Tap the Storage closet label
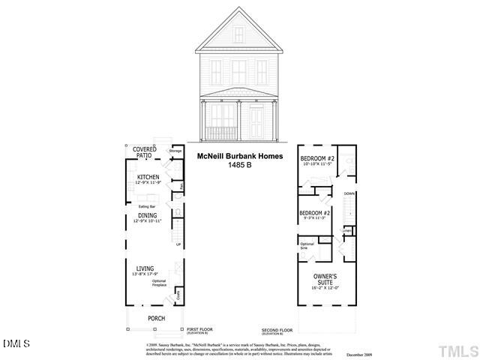coord(175,151)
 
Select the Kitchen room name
coord(148,177)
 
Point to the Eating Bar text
coord(147,205)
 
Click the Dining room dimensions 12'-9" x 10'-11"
coord(147,221)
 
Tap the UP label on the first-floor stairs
coord(178,244)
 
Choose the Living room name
coord(145,268)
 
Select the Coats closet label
coord(178,296)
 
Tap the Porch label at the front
coord(156,319)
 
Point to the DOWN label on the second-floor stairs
coord(349,193)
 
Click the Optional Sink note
coord(307,246)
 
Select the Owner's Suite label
coord(325,280)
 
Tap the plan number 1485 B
coord(240,164)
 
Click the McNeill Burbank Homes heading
coord(240,156)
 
